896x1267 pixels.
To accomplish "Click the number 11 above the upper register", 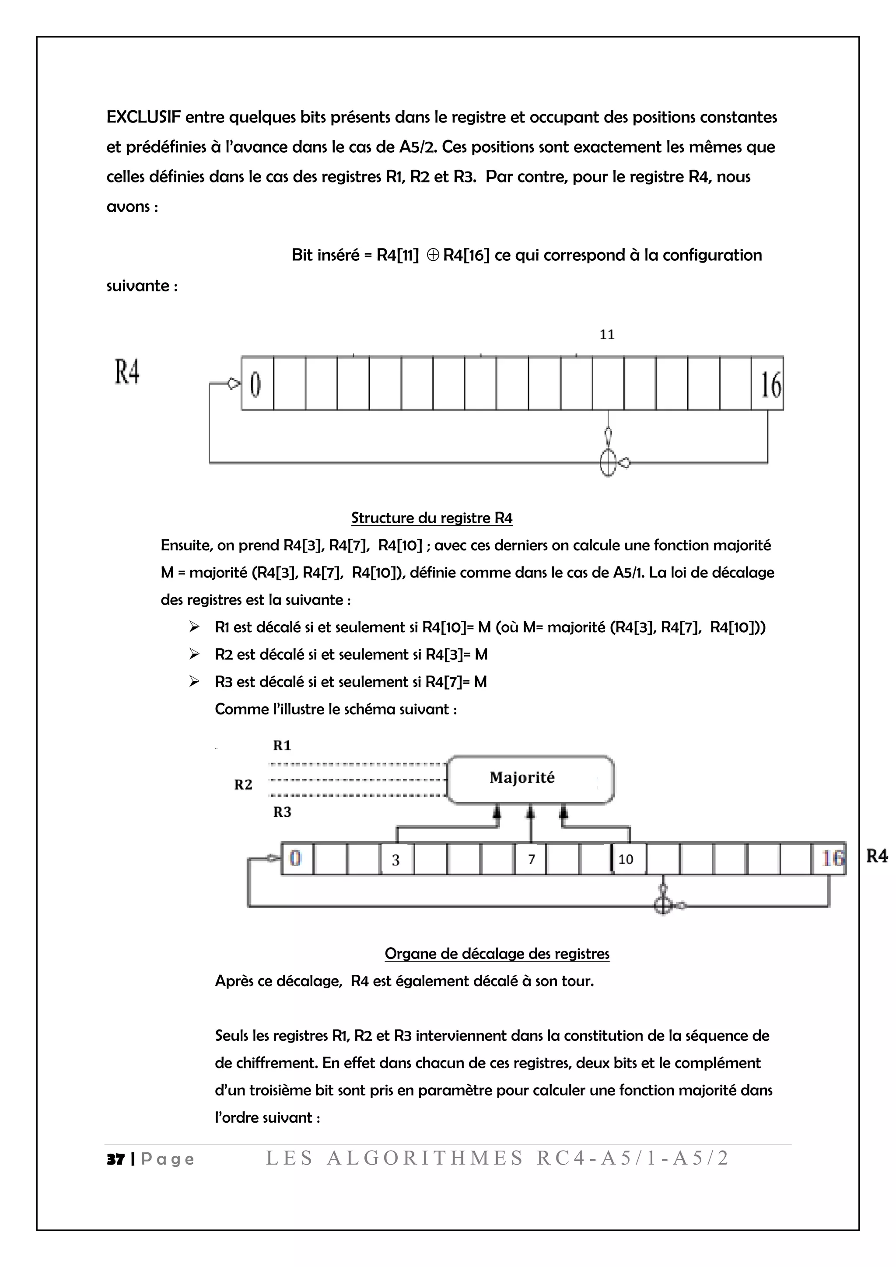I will [x=607, y=334].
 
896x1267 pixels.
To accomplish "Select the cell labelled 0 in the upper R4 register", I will [x=256, y=384].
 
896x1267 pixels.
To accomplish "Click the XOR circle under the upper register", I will [x=607, y=462].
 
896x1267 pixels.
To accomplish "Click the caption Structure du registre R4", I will [x=431, y=518].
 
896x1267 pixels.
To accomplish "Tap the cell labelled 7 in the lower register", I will [x=531, y=859].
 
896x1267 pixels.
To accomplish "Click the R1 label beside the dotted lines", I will [x=282, y=745].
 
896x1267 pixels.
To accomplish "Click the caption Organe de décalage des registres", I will [x=497, y=954].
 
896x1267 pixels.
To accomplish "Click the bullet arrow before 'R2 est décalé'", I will [x=194, y=654].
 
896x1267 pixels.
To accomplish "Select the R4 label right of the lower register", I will [x=877, y=856].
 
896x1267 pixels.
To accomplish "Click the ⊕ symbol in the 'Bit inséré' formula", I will [x=433, y=255].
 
